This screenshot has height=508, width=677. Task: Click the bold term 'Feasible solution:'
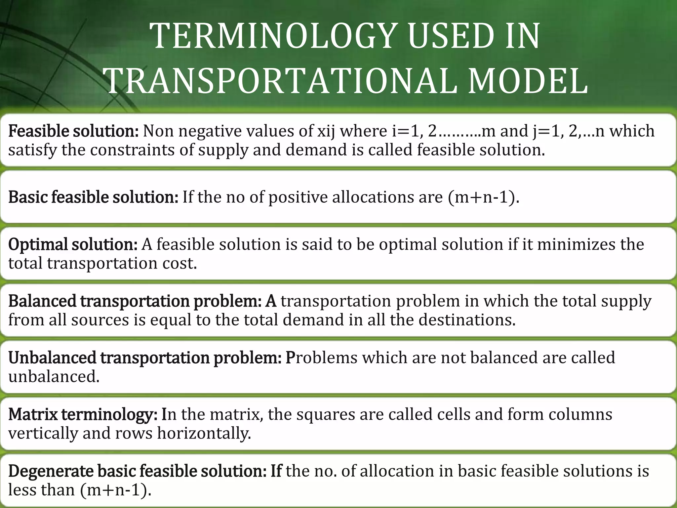tap(73, 131)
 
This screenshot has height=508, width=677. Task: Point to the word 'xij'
tap(326, 131)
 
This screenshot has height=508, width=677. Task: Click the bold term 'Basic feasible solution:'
tap(93, 197)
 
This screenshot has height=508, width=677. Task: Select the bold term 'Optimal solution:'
tap(73, 244)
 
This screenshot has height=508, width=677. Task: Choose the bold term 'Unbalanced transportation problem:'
tap(145, 358)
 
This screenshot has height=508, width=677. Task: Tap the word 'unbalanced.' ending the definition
tap(54, 377)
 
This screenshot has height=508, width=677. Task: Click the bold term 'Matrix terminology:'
tap(83, 414)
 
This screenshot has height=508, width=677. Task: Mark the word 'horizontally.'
tap(204, 433)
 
